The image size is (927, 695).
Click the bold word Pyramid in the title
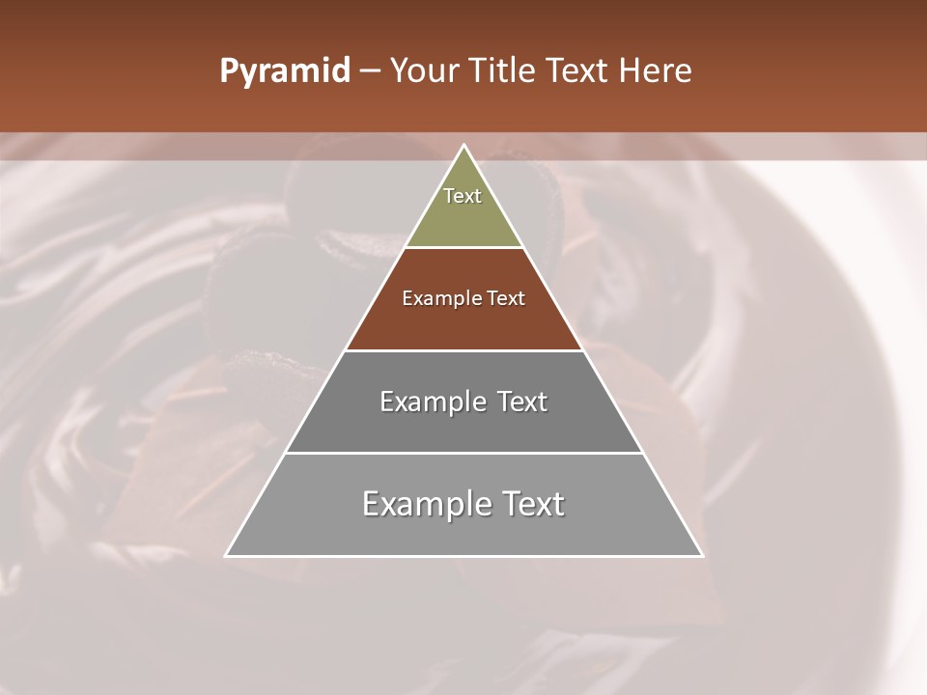pos(284,71)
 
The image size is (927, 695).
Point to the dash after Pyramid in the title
pos(370,71)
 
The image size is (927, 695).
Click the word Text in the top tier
pos(463,196)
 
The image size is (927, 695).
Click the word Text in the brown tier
pos(507,298)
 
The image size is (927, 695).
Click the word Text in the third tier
pos(522,402)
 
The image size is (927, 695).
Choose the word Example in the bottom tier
pos(423,504)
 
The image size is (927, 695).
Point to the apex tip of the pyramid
pos(464,146)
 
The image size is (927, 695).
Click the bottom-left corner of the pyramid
pos(227,555)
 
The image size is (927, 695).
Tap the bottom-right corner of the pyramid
pos(701,555)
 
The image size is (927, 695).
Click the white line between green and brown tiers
pos(463,248)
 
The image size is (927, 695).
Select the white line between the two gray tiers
pos(463,453)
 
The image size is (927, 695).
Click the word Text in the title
pos(579,71)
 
